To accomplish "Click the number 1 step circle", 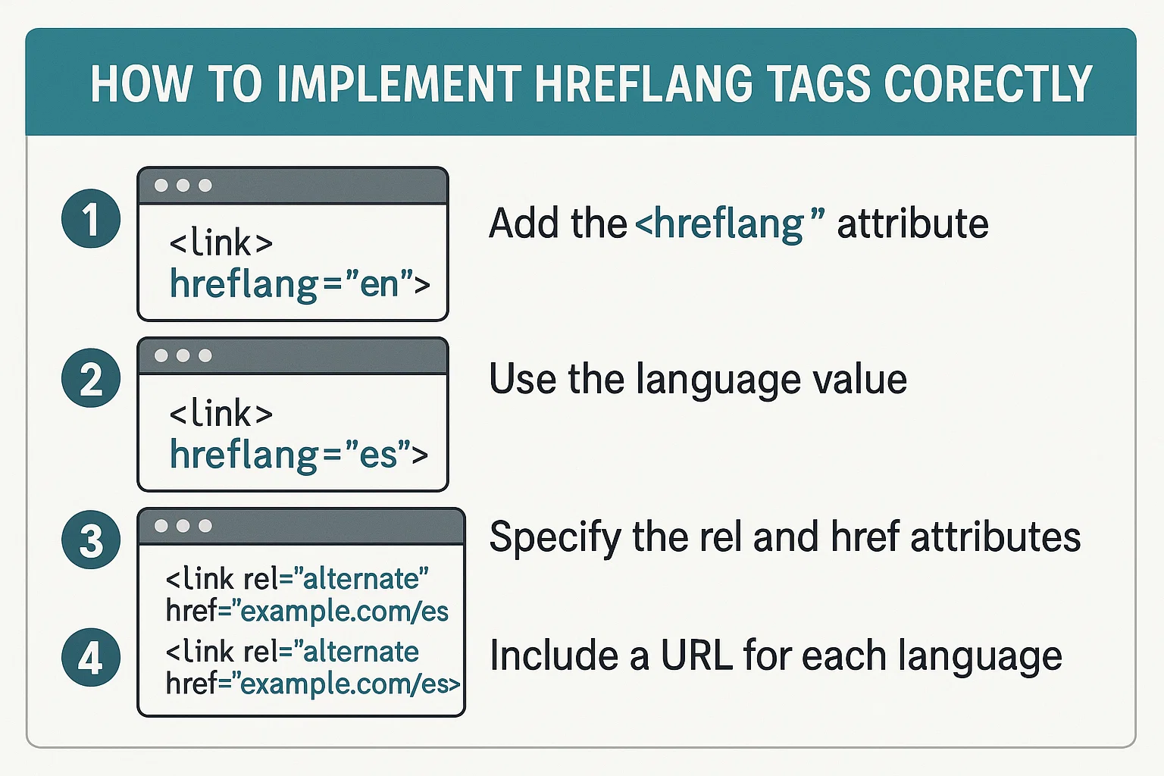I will (91, 219).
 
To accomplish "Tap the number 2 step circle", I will (91, 378).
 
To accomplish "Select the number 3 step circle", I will (91, 540).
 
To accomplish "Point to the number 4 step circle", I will (91, 657).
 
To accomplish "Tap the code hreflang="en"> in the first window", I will (299, 285).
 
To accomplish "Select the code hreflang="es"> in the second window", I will (299, 455).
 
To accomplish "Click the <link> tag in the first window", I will (221, 243).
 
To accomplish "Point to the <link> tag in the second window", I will (221, 414).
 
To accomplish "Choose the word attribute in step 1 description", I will (912, 224).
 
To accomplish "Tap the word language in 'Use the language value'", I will (718, 380).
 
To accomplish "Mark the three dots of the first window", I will (183, 186).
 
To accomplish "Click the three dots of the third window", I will (183, 526).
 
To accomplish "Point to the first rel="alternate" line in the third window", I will (297, 579).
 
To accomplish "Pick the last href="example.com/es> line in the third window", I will (312, 684).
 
